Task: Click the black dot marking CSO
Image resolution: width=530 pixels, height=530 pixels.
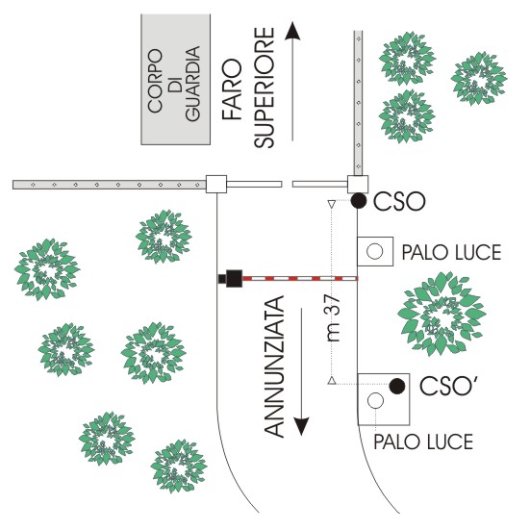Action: click(x=359, y=201)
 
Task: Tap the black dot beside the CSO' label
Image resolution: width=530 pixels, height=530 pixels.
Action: click(x=397, y=386)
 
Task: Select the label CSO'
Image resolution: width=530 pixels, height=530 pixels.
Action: click(x=446, y=385)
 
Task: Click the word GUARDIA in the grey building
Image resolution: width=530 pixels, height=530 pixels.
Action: click(x=193, y=84)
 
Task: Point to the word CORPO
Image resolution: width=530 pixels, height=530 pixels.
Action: click(x=155, y=81)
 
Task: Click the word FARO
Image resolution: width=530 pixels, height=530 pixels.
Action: click(x=232, y=89)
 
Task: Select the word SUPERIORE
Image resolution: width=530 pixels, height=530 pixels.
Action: click(x=265, y=87)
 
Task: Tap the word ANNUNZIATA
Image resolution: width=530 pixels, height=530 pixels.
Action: click(x=274, y=366)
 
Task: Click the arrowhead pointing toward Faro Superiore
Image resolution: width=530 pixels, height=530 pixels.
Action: click(x=292, y=31)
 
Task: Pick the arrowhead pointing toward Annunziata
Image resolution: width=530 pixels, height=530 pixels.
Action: click(x=301, y=427)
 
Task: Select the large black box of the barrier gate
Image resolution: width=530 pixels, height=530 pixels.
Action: click(x=235, y=279)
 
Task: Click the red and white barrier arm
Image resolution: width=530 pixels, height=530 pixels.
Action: click(x=300, y=279)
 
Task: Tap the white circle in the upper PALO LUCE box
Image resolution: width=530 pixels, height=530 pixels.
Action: click(x=375, y=251)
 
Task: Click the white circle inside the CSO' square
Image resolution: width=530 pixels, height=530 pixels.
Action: click(x=375, y=400)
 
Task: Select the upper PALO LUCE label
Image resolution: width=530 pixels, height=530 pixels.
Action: click(x=451, y=252)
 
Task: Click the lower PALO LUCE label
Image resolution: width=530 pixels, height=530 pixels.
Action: click(x=423, y=442)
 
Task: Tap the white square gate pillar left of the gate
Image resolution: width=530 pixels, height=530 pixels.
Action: click(x=216, y=185)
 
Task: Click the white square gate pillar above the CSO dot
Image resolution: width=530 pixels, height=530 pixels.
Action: click(x=358, y=185)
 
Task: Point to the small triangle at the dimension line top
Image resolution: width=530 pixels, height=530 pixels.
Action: click(x=332, y=204)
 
